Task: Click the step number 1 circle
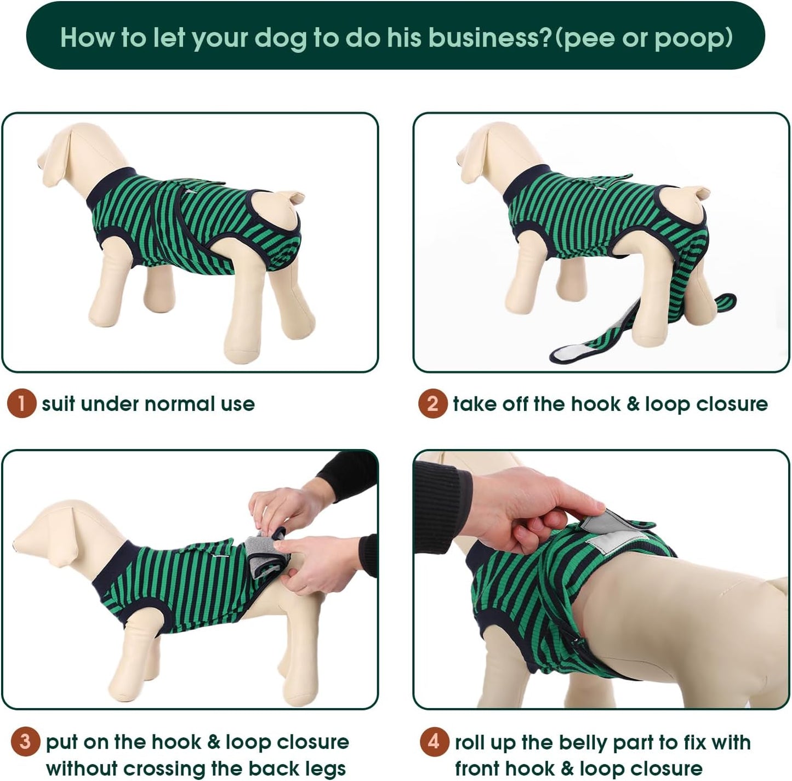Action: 21,404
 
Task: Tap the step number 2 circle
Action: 432,404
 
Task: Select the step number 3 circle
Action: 25,742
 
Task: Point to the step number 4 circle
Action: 434,742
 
